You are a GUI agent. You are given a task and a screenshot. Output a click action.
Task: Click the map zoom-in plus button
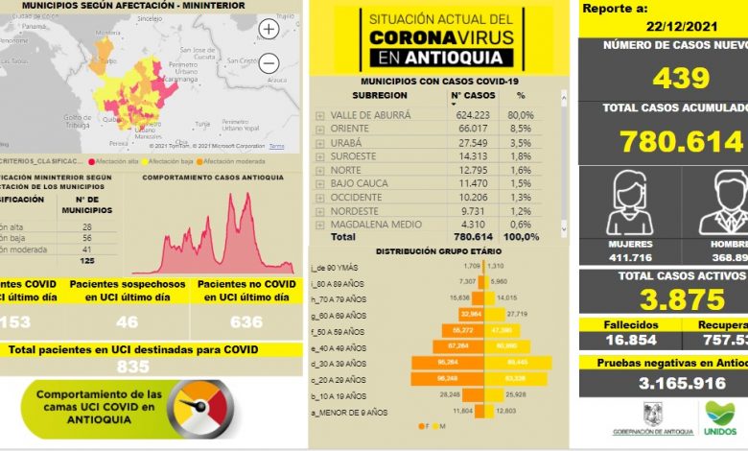pos(269,29)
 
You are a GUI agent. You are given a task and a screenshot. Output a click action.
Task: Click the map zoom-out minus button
pos(269,63)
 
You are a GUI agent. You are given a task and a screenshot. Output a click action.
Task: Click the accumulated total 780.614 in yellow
pos(682,142)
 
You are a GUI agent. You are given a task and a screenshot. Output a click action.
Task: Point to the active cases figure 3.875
pos(663,299)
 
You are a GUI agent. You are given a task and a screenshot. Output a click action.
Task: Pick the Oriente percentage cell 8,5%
pos(521,129)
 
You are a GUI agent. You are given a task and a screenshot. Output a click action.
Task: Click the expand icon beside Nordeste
pos(319,210)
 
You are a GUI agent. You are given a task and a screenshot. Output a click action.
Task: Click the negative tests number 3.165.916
pos(663,383)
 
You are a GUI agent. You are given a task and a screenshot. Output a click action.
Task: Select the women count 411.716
pos(618,258)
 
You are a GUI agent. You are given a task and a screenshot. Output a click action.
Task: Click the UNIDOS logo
pos(719,415)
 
